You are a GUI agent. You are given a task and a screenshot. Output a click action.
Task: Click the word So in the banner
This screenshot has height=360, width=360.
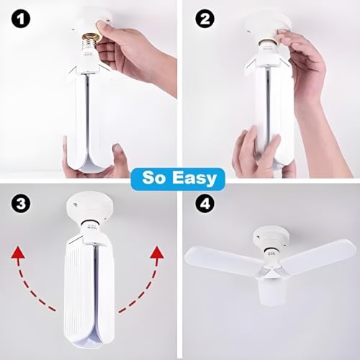click(157, 176)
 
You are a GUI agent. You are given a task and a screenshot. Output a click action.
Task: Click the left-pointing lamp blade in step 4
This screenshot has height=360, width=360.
click(216, 259)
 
